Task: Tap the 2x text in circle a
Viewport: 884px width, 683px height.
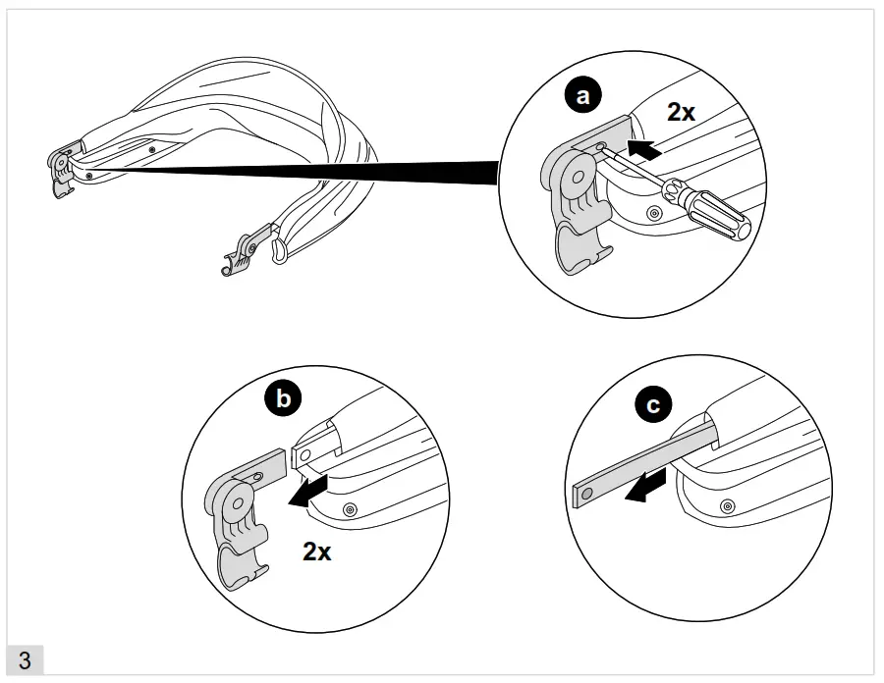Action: click(681, 113)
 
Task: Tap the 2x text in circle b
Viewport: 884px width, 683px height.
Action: click(316, 551)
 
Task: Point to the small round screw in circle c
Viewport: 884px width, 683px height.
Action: click(726, 505)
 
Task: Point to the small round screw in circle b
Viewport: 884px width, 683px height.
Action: click(350, 508)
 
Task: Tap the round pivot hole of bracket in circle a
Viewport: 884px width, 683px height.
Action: click(577, 178)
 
